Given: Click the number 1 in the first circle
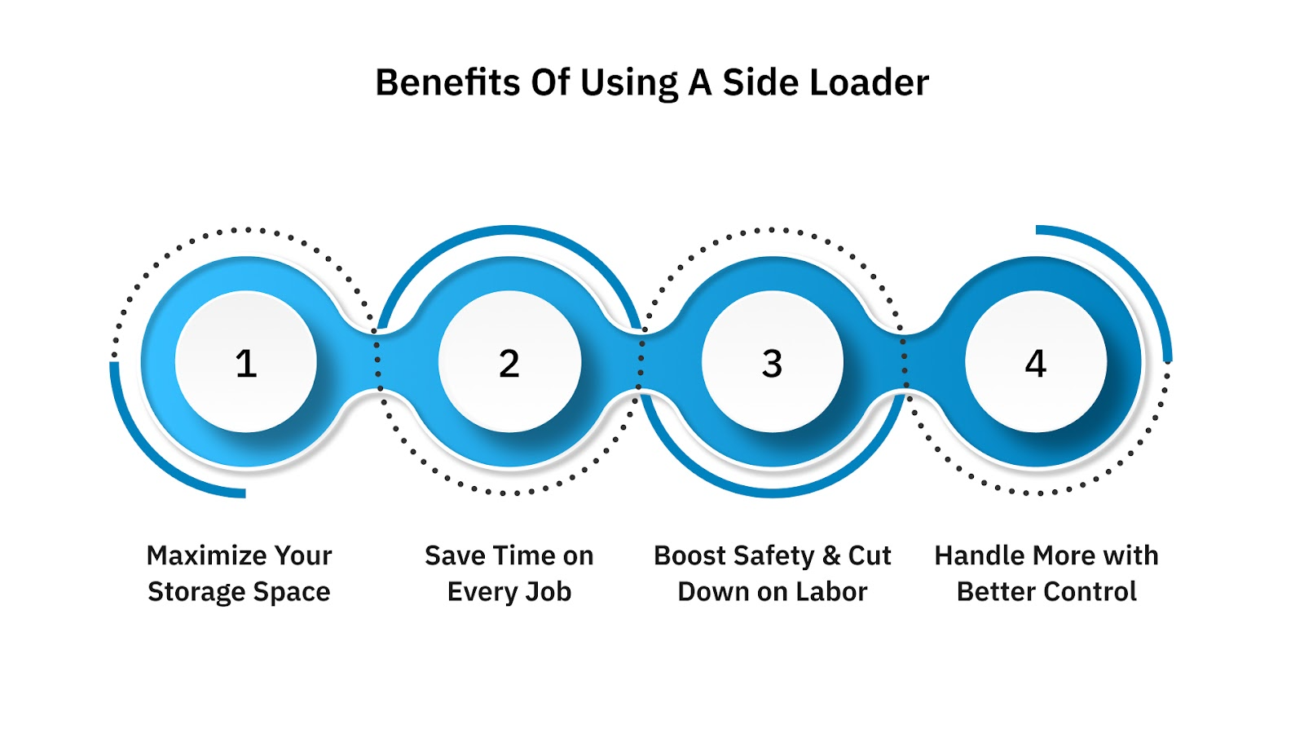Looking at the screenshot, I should coord(246,364).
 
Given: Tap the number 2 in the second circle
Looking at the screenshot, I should coord(509,364).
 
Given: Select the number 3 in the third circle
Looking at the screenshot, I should coord(772,364).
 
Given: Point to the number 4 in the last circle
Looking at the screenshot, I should coord(1035,364).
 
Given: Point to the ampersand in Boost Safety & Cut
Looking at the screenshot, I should coord(831,555).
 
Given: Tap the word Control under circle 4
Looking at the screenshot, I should coord(1091,592).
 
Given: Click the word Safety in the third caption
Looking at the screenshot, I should coord(774,555).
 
